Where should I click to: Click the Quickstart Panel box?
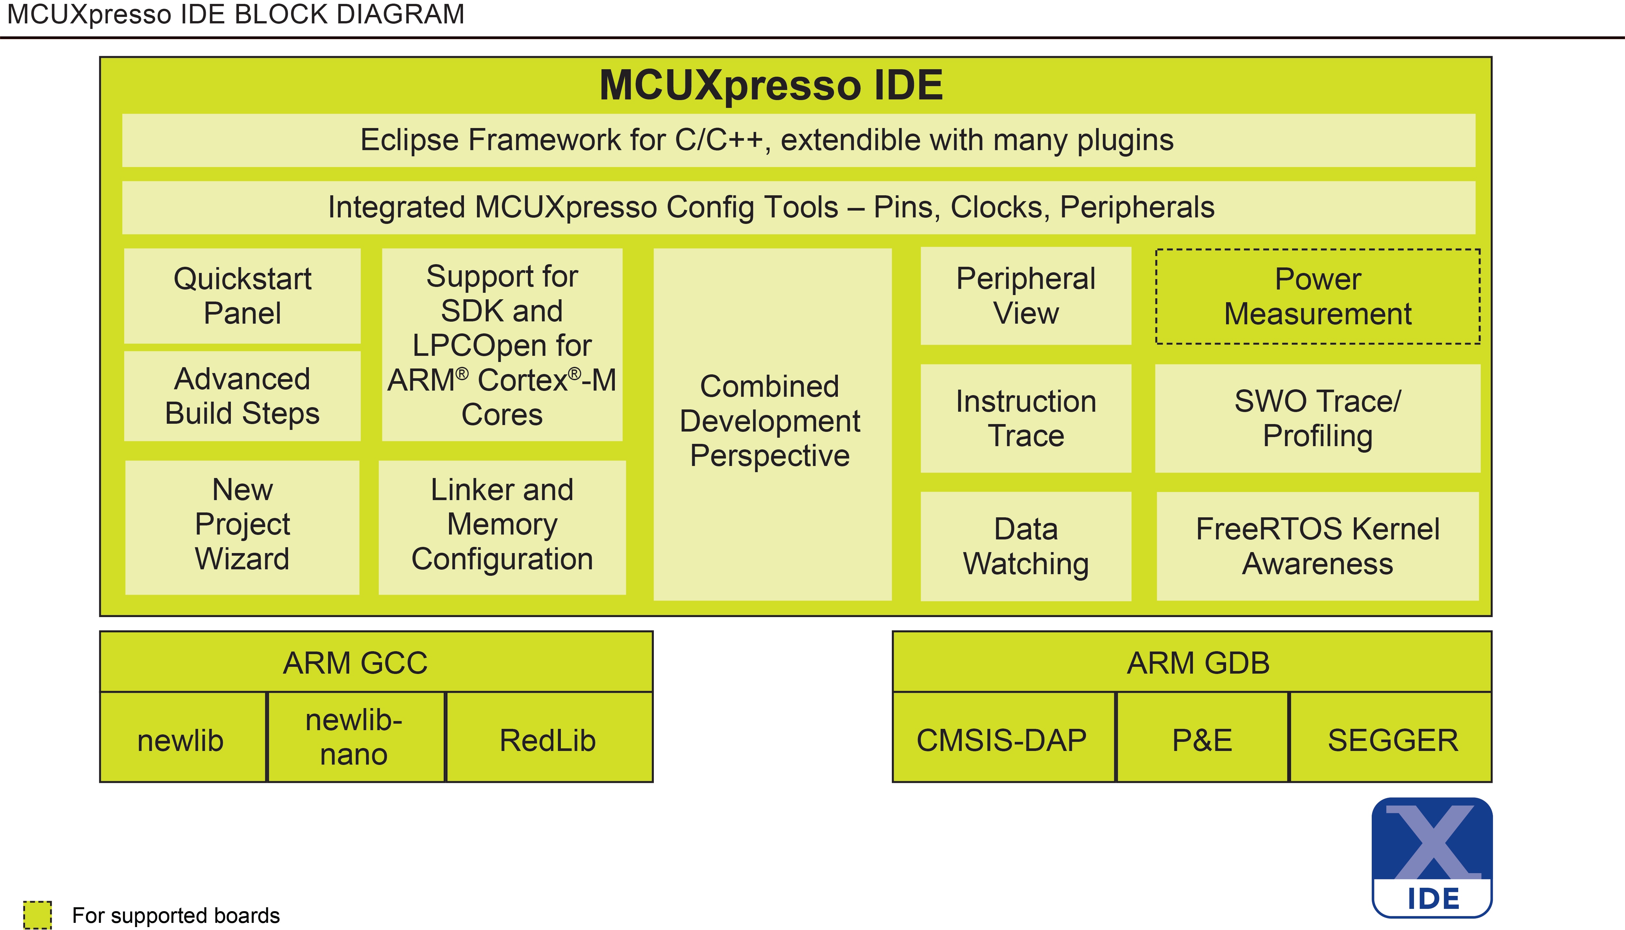(x=242, y=296)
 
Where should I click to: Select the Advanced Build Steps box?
(x=242, y=396)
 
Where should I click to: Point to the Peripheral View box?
(x=1025, y=296)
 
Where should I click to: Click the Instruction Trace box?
(x=1025, y=419)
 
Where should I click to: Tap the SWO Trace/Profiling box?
(x=1318, y=419)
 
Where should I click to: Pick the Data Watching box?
(x=1025, y=546)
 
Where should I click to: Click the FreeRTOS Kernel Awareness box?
(x=1318, y=546)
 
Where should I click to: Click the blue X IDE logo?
(x=1432, y=857)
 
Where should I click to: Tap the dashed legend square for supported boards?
(x=37, y=915)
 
